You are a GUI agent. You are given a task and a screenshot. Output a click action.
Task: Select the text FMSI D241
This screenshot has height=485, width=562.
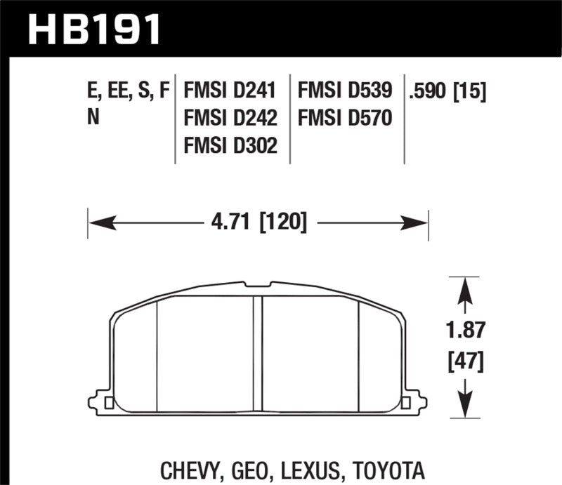coord(230,91)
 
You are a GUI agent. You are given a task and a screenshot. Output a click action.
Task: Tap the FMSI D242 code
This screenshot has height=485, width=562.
coord(230,117)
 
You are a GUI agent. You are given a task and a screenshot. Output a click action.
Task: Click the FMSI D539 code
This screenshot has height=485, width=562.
coord(346,91)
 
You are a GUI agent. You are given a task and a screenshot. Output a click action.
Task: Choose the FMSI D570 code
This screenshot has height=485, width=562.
coord(346,117)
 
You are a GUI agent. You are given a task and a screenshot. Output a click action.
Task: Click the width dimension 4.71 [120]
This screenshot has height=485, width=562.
coord(258,223)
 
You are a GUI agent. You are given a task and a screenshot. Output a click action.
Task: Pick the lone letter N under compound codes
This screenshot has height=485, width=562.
coord(92,117)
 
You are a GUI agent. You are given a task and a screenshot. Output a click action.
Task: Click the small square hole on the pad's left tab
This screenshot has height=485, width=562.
coord(108,403)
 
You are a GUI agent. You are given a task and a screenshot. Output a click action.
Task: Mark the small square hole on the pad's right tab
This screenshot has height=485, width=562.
coord(405,403)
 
